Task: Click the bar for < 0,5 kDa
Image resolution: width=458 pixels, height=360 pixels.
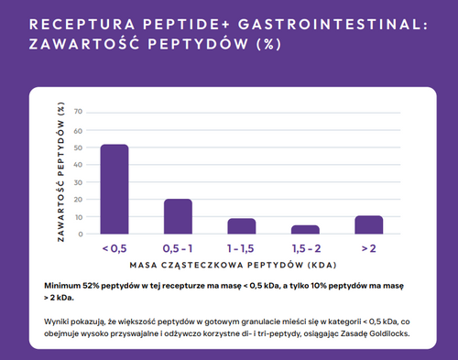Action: click(114, 189)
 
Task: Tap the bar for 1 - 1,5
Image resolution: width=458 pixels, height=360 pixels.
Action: click(241, 225)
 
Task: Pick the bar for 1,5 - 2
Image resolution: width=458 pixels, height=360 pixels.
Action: click(305, 229)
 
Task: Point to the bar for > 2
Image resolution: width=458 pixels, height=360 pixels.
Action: click(368, 224)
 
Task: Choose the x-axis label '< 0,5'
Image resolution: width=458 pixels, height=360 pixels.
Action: click(114, 248)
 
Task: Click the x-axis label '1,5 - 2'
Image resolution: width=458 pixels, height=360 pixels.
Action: click(305, 248)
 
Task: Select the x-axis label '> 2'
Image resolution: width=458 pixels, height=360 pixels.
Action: click(368, 248)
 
